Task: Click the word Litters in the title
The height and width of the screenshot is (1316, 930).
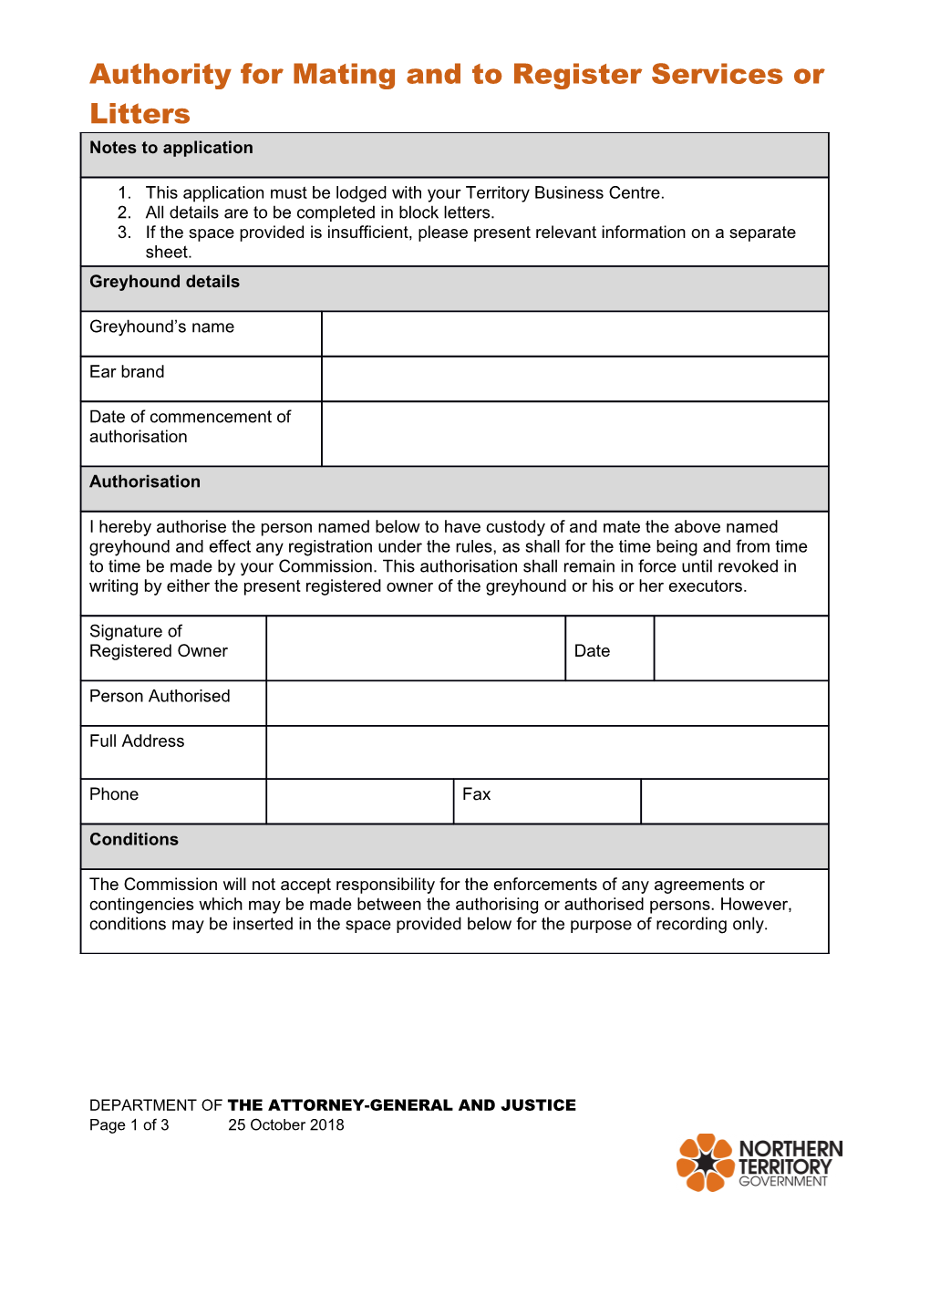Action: coord(139,114)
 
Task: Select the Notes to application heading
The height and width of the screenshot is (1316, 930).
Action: coord(171,148)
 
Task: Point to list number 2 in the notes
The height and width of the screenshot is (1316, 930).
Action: coord(125,212)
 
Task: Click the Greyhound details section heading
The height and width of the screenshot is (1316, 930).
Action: coord(164,282)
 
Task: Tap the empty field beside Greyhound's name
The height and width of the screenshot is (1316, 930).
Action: coord(574,334)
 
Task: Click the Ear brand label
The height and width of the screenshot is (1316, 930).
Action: coord(127,372)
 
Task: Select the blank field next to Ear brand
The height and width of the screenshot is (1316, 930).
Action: coord(574,378)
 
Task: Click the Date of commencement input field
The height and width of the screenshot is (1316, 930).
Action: coord(574,434)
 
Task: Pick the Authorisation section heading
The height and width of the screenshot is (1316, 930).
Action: coord(145,482)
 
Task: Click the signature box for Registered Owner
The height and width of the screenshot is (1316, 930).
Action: coord(416,648)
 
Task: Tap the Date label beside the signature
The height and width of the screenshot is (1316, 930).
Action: coord(592,651)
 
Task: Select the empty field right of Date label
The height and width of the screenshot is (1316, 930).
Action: coord(740,648)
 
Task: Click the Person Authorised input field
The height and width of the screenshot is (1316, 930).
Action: coord(547,703)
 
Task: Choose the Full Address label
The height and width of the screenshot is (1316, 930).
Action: coord(137,741)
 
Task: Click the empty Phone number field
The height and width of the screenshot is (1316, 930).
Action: coord(359,802)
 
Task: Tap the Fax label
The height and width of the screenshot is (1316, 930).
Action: coord(476,794)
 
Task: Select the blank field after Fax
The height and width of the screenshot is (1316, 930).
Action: coord(734,802)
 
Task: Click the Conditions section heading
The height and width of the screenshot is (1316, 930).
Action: coord(134,839)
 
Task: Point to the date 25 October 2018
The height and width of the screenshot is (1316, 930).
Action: coord(286,1125)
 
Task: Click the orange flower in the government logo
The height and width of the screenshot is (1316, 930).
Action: coord(705,1163)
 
